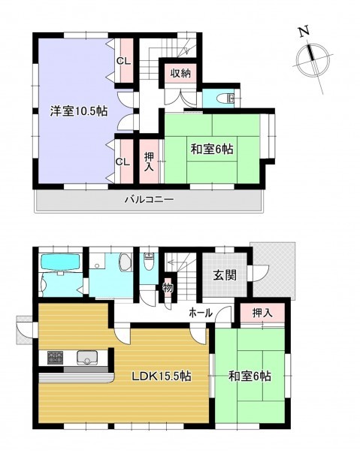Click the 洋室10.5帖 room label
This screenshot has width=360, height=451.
tap(79, 111)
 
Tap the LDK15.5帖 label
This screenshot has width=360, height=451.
tap(162, 376)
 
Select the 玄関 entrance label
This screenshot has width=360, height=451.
tap(225, 276)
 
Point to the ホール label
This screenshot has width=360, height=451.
tap(201, 313)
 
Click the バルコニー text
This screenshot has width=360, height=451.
tap(149, 199)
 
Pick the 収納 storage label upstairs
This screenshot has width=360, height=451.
tap(180, 73)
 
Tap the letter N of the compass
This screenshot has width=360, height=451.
tap(304, 31)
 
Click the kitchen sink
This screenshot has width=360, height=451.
tap(88, 358)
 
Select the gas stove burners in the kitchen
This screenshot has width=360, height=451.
tap(55, 357)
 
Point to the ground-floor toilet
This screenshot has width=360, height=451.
tap(149, 261)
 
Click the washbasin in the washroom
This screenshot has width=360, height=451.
tap(125, 262)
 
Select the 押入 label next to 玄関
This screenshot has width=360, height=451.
tap(262, 313)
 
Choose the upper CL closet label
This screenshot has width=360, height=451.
tap(124, 61)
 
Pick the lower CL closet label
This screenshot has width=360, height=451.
tap(123, 162)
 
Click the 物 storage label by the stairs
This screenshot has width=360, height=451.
tap(168, 287)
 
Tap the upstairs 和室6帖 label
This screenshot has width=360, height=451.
tap(212, 150)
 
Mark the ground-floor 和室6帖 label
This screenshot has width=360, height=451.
tap(250, 376)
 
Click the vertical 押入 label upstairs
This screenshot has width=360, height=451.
tap(149, 162)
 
